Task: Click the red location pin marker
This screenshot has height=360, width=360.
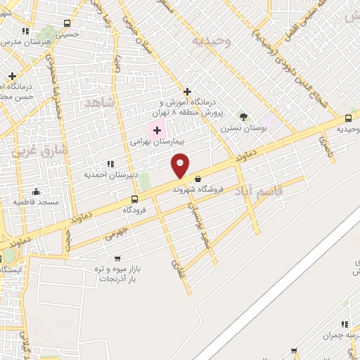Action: click(180, 166)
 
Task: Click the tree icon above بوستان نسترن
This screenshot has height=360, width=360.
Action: click(243, 116)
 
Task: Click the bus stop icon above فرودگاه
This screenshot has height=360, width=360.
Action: click(134, 199)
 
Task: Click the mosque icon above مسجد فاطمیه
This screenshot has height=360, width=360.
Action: click(37, 191)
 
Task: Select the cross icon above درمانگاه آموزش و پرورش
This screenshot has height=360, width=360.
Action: click(187, 91)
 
